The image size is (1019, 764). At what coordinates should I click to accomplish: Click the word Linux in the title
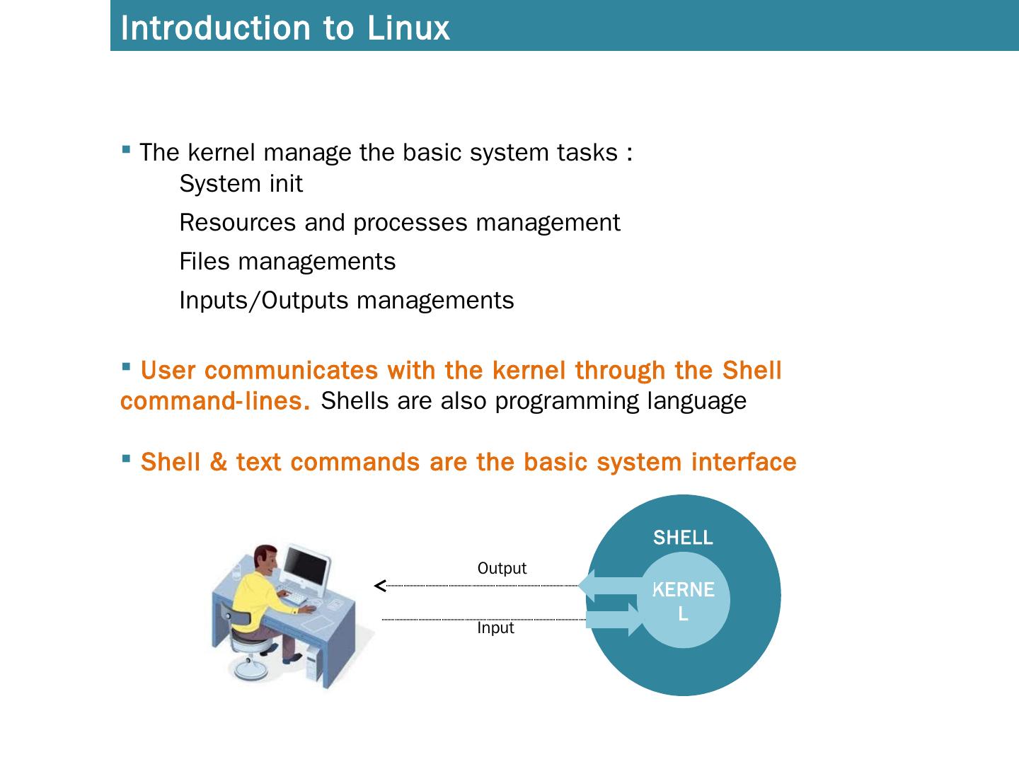coord(408,28)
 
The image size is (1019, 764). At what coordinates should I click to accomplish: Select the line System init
coord(241,184)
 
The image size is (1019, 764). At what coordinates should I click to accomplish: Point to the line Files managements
coord(287,262)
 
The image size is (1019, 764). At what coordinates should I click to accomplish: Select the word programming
coord(568,401)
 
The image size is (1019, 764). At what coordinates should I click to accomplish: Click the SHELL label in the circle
coord(683,538)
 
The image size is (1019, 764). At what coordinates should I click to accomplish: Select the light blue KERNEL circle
coord(684,601)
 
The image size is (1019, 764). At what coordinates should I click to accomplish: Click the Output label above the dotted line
coord(502,569)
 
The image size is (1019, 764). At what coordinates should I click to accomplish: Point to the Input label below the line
coord(495,628)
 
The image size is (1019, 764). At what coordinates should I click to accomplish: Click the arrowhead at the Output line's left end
coord(380,586)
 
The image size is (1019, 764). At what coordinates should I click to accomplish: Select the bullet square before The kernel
coord(126,149)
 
